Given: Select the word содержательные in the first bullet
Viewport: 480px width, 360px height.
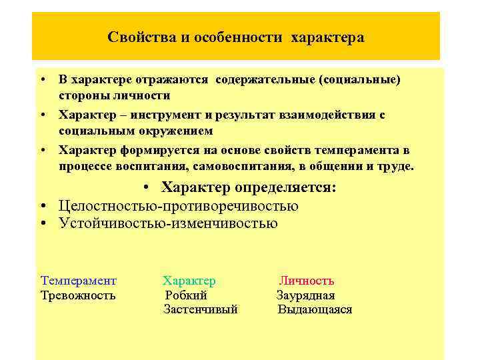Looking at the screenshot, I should (x=265, y=80).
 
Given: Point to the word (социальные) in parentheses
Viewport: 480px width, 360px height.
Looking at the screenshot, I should (x=361, y=80).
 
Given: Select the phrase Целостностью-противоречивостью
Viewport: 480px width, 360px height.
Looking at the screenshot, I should (x=178, y=206).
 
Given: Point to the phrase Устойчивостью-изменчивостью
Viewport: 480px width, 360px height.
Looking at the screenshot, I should (x=168, y=224).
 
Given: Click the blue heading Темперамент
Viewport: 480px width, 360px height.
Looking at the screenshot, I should (x=79, y=281).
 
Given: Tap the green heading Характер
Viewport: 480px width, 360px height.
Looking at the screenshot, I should (x=189, y=281).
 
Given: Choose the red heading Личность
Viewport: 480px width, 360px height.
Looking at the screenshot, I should (x=307, y=281).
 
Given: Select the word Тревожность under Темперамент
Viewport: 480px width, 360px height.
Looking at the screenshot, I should (x=78, y=295).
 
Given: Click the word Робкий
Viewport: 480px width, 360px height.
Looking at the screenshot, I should (x=186, y=295).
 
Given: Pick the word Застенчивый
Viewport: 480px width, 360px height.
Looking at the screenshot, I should (x=201, y=309).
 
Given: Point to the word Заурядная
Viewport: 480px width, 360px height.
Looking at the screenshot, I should (x=306, y=295).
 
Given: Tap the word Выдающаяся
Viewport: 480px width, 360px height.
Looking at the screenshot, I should (x=315, y=309).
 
